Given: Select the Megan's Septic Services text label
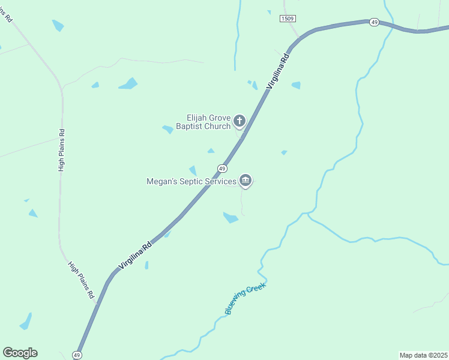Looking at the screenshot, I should [x=190, y=180].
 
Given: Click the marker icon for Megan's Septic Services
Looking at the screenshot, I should [x=245, y=180].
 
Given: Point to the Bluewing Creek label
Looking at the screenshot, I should [x=245, y=298].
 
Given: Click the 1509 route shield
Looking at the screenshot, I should [x=288, y=19].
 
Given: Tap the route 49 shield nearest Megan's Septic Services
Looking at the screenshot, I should [x=222, y=169].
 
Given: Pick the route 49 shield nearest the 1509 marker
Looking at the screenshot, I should [x=374, y=22].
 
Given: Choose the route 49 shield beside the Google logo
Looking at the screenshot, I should [x=77, y=355].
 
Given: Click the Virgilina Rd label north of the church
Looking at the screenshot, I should [x=279, y=71].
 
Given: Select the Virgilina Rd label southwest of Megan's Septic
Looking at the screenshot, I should [x=136, y=254].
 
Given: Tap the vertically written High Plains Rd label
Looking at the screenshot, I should [x=61, y=150].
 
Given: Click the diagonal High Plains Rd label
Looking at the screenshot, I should [x=81, y=280].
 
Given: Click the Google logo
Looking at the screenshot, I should [x=20, y=353].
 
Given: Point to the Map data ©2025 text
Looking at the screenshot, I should [x=423, y=355].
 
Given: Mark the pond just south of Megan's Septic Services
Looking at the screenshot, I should [x=231, y=217].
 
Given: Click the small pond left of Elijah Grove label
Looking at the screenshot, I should [x=167, y=128].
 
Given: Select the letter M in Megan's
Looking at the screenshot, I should [x=150, y=180].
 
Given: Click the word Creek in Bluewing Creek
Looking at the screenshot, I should [x=255, y=289].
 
